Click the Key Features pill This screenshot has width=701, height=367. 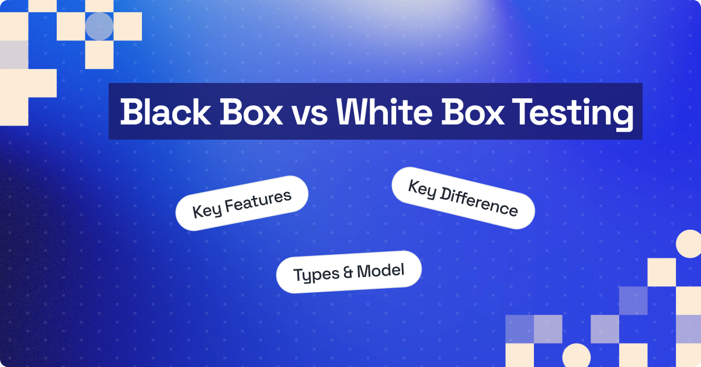(x=242, y=203)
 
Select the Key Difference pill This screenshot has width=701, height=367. (x=463, y=198)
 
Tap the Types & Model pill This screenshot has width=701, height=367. (x=349, y=272)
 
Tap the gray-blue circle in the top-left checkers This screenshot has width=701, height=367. (x=99, y=26)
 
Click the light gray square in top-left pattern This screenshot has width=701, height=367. (x=13, y=55)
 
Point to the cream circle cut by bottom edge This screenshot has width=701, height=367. (x=577, y=355)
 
